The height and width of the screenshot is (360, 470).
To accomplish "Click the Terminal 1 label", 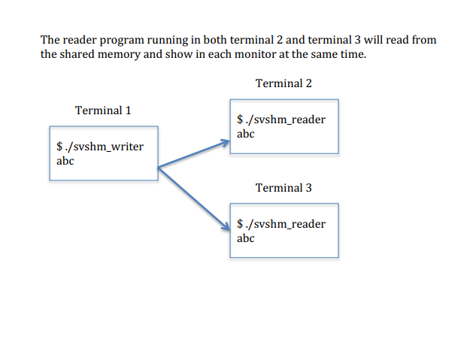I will (x=103, y=110).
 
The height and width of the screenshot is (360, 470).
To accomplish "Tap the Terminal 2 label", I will (x=284, y=83).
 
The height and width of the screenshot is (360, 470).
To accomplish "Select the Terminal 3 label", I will (x=284, y=187).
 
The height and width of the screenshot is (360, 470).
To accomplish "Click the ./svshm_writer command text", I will (x=103, y=147).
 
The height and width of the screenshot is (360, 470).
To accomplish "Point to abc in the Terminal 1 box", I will (x=65, y=160).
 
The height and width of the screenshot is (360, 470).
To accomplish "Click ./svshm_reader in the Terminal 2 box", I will (x=284, y=120).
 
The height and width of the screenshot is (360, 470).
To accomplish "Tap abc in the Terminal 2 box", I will (x=245, y=134).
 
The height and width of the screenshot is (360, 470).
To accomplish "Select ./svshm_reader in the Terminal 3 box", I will (x=284, y=224).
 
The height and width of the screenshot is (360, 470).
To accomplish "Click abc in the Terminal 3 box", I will (x=245, y=238).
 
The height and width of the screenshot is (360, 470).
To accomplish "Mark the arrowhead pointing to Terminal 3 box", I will (x=225, y=226).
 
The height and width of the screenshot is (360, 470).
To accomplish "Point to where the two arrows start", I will (x=158, y=168).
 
